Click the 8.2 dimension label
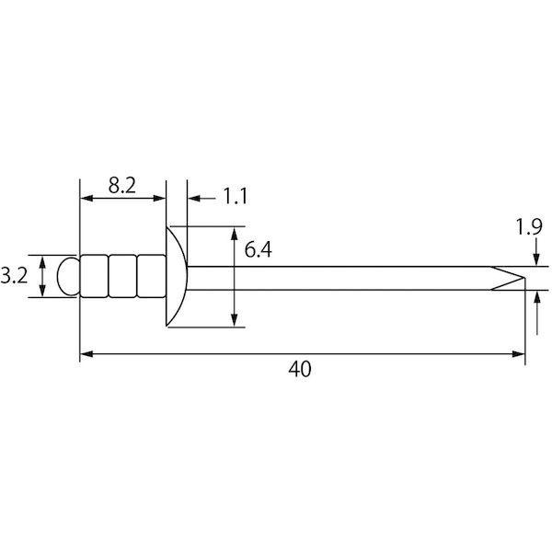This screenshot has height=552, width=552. coord(121,186)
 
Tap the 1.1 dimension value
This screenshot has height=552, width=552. coord(236,196)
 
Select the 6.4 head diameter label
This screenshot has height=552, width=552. coord(258,250)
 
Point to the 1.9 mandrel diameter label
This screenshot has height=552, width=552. coord(529,226)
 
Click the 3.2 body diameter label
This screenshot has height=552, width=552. coord(14,276)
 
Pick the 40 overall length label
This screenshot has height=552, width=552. coord(300,369)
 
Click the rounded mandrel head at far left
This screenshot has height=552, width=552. coord(69,276)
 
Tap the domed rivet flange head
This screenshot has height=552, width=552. coord(177,277)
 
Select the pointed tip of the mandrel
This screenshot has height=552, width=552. coord(524,278)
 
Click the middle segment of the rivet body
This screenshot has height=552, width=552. coord(122,276)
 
